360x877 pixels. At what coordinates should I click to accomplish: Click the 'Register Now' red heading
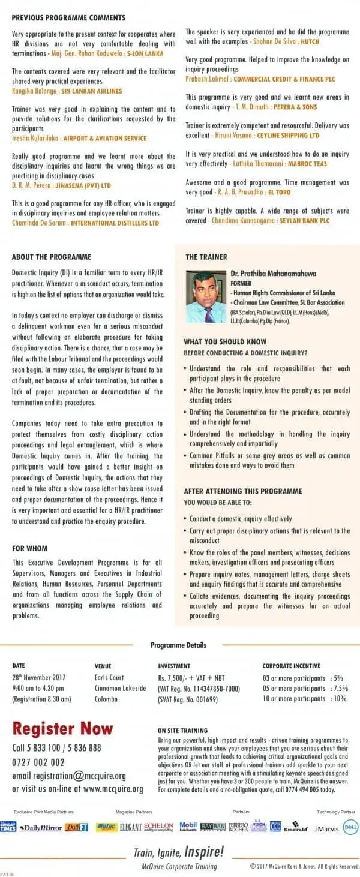pos(62,729)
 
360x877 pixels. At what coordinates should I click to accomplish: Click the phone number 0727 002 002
pos(38,762)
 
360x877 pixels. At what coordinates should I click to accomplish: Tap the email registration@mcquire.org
pos(69,775)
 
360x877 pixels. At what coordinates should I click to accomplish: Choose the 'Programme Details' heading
pos(178,645)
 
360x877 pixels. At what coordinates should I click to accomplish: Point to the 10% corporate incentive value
pos(339,699)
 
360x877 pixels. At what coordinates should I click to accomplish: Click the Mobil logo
pos(188,827)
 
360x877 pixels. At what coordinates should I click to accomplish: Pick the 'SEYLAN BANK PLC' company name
pos(305,221)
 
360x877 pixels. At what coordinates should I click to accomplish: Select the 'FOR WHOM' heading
pos(30,548)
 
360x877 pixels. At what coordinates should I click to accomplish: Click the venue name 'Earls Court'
pos(109,677)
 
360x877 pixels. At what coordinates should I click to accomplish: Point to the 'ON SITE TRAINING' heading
pos(182,731)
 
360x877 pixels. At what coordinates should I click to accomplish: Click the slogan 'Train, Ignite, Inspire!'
pos(179,851)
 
